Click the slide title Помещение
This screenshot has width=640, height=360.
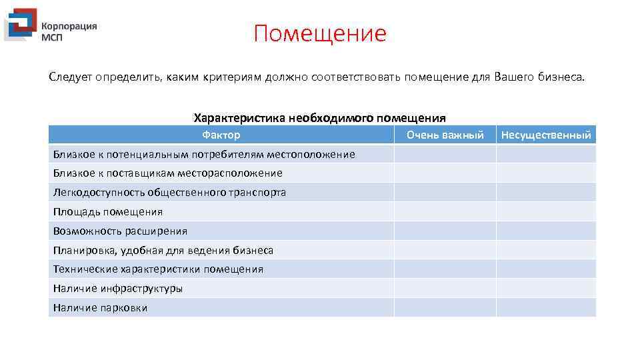click(x=320, y=33)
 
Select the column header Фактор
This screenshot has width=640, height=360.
click(x=221, y=135)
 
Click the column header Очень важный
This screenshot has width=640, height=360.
click(x=445, y=135)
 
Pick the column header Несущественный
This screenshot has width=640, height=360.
click(x=546, y=135)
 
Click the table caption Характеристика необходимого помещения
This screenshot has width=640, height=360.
click(x=319, y=118)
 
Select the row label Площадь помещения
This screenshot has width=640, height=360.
click(x=108, y=212)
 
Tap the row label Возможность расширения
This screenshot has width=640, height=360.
click(x=120, y=231)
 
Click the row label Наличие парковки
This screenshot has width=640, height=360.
click(x=100, y=308)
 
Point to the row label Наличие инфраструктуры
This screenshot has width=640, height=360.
click(x=118, y=289)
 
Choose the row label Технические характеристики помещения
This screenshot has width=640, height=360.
click(x=158, y=269)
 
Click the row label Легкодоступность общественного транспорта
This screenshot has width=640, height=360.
click(x=169, y=193)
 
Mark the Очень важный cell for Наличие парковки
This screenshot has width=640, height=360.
click(x=445, y=308)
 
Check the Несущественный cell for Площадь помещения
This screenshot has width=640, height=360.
click(x=546, y=212)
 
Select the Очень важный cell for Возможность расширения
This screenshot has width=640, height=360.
click(x=445, y=231)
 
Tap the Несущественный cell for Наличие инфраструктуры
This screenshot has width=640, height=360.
click(x=546, y=289)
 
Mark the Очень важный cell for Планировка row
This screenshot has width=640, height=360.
click(x=445, y=251)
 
